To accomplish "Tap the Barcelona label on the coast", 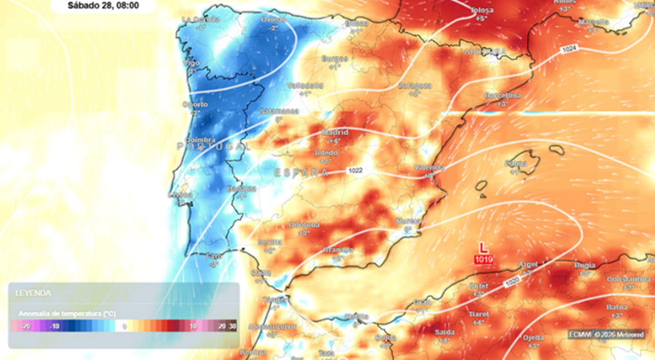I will click(x=503, y=95).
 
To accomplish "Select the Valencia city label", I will click(x=429, y=167).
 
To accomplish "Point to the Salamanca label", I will click(x=279, y=111).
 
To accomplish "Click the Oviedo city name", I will click(x=273, y=19).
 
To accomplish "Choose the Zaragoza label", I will click(x=415, y=86).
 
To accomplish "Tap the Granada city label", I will click(x=338, y=250).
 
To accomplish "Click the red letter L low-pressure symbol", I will click(x=483, y=248).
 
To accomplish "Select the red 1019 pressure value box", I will click(x=483, y=259).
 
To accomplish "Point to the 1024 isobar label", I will click(x=568, y=50).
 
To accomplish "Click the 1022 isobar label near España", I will click(x=355, y=171).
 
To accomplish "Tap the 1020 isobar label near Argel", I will click(x=512, y=282).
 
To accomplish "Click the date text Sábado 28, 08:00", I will click(x=103, y=6).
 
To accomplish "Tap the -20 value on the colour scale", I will click(x=25, y=326).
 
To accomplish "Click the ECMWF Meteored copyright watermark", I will click(x=606, y=334).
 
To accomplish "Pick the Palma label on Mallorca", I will click(x=515, y=163).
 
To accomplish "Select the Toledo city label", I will click(x=326, y=153).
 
